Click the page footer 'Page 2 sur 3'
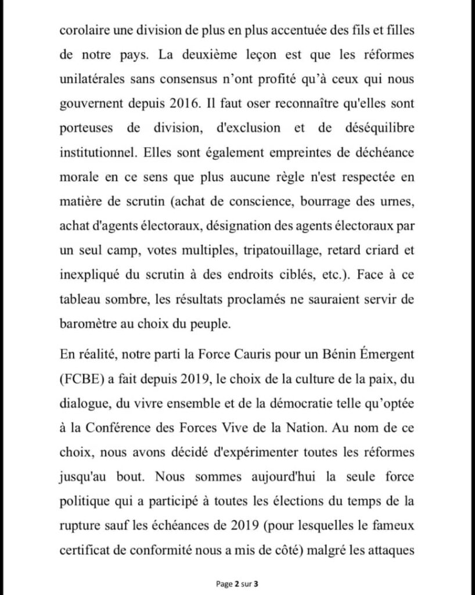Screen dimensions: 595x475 coord(237,582)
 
